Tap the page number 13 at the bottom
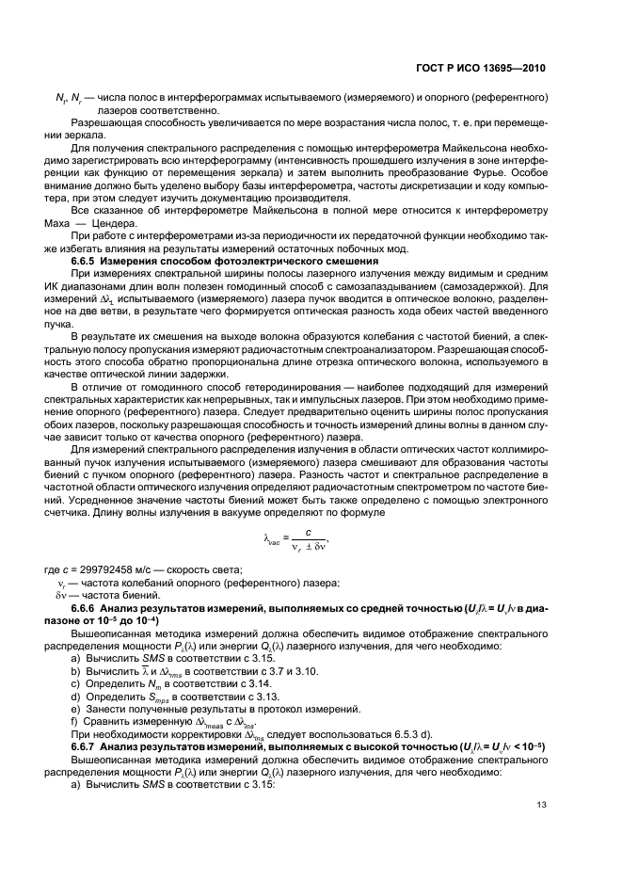pos(540,804)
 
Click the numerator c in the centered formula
pos(320,529)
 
